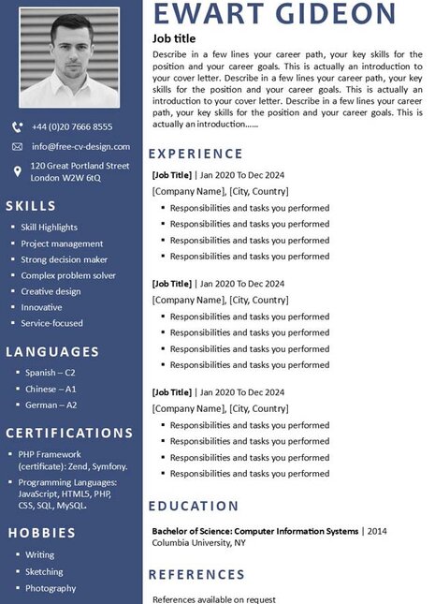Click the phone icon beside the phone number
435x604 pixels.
coord(17,126)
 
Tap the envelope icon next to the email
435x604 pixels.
coord(17,147)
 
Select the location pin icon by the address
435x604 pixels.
coord(17,170)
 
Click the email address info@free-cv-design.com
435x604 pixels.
coord(80,147)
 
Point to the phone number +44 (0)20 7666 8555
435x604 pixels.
coord(71,126)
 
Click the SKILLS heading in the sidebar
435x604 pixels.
coord(30,206)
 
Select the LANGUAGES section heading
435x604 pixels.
coord(52,351)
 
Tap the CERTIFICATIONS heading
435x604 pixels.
coord(69,433)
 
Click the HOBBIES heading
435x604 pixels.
coord(41,533)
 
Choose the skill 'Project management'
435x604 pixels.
coord(62,243)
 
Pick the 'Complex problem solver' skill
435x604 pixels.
coord(68,275)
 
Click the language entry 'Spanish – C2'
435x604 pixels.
coord(51,372)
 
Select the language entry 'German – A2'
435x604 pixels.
coord(51,405)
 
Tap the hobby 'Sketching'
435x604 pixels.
coord(44,571)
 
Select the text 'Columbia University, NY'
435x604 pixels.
coord(198,542)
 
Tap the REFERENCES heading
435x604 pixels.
coord(196,574)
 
